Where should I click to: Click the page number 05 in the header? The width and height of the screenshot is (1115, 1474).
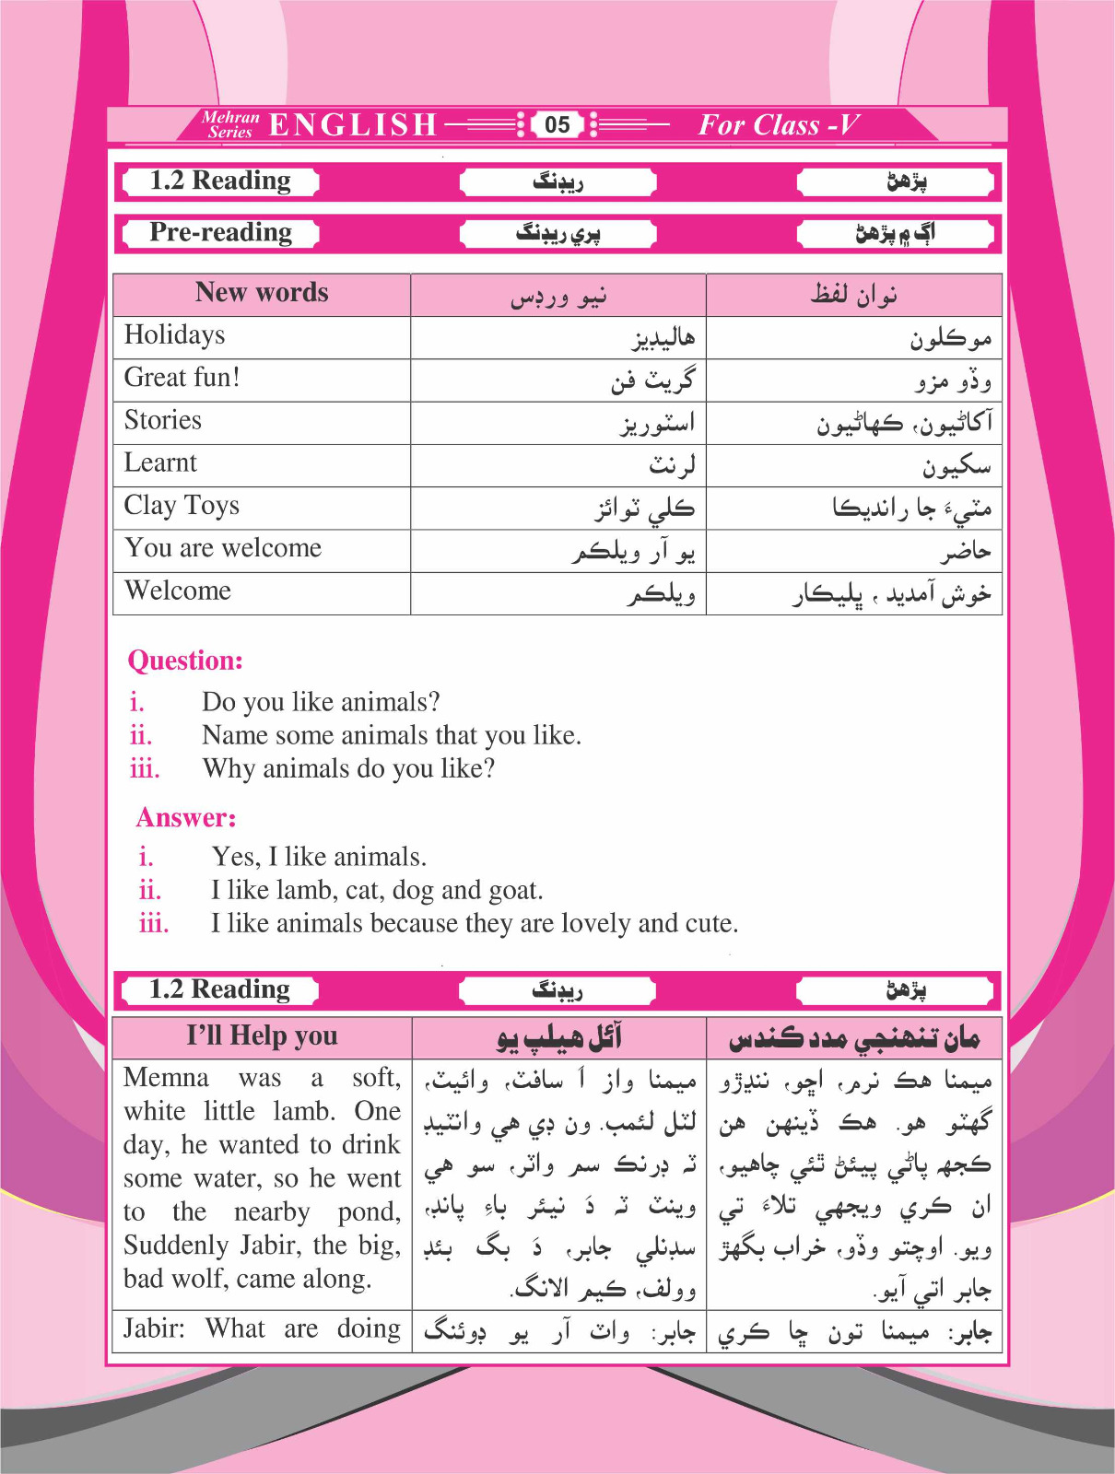click(557, 124)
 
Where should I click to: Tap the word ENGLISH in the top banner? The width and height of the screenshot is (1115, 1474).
click(353, 124)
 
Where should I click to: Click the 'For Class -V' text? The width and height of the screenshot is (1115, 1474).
click(779, 124)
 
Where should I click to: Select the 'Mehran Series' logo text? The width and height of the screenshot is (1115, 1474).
click(230, 124)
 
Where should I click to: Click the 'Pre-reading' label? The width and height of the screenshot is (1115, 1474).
click(221, 232)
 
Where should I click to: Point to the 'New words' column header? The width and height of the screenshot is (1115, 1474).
click(262, 293)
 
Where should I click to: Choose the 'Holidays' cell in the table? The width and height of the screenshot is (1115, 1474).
click(175, 335)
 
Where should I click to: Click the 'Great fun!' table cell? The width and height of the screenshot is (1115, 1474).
click(182, 378)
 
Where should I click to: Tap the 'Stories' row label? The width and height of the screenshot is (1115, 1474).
click(163, 420)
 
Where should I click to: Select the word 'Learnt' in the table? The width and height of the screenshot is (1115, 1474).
click(161, 462)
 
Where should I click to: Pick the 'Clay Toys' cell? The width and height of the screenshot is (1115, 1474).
click(182, 506)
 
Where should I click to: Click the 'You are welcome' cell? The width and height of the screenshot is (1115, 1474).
click(224, 548)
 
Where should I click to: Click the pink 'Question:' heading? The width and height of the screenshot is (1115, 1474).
click(185, 661)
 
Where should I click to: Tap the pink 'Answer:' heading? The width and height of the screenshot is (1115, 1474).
click(186, 817)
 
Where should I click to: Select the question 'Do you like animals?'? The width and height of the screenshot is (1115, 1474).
click(321, 702)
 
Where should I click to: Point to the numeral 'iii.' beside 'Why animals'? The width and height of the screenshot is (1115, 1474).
click(145, 768)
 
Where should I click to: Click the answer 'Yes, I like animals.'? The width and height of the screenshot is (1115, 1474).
click(319, 857)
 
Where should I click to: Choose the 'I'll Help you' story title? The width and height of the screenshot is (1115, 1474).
click(263, 1035)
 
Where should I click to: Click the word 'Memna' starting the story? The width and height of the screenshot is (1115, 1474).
click(167, 1078)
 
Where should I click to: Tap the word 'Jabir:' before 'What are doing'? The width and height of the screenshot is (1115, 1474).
click(155, 1328)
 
